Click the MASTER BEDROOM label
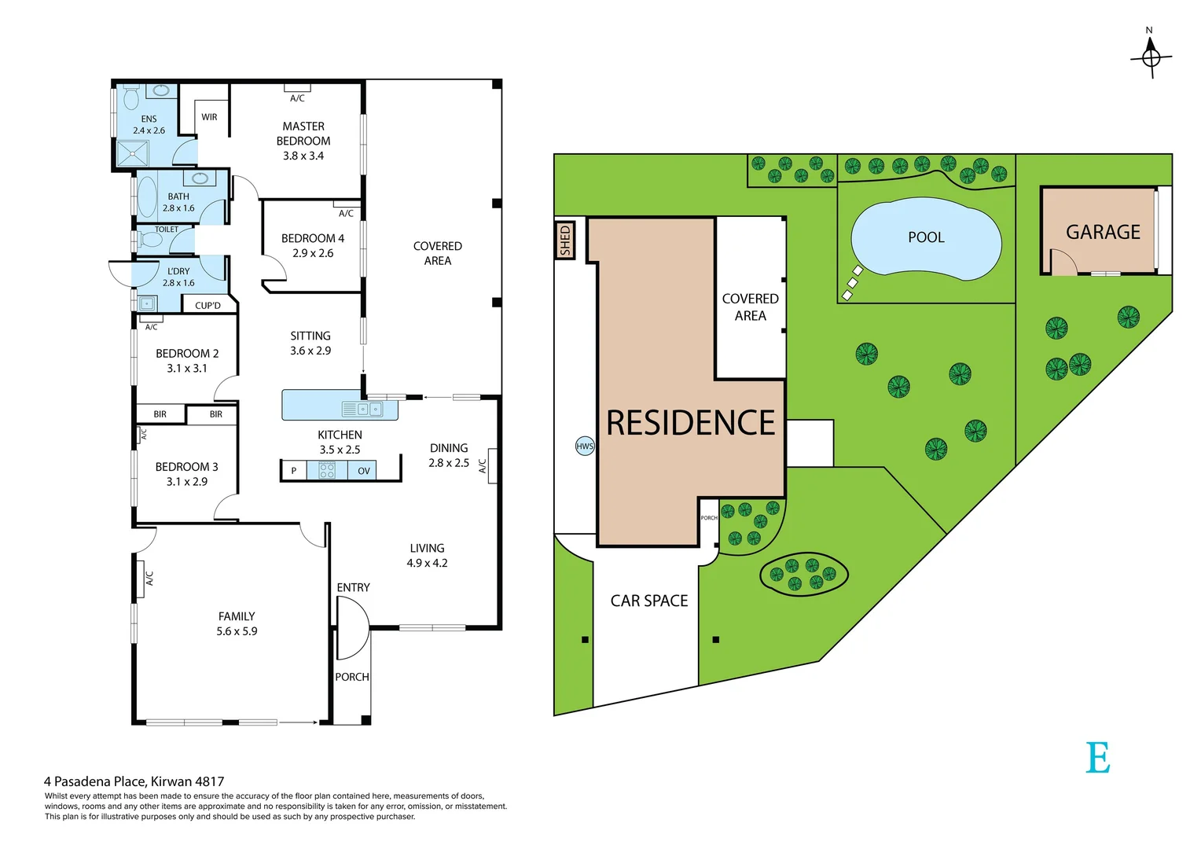pos(303,134)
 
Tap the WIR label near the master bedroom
pos(209,117)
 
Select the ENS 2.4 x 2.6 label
pos(149,125)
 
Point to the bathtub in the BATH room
pos(147,197)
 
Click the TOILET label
pos(167,230)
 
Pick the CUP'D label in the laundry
pos(208,305)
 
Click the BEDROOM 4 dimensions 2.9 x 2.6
pos(313,253)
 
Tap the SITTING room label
pos(310,336)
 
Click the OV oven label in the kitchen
pos(364,471)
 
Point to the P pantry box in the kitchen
pos(294,471)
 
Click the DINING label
pos(449,448)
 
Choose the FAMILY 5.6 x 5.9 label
pos(237,623)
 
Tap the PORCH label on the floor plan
pos(352,677)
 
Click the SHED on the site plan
pos(565,241)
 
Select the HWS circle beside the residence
pos(585,447)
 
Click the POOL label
pos(926,237)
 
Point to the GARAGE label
pos(1103,233)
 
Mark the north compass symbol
pos(1151,57)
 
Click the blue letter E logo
pos(1098,758)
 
